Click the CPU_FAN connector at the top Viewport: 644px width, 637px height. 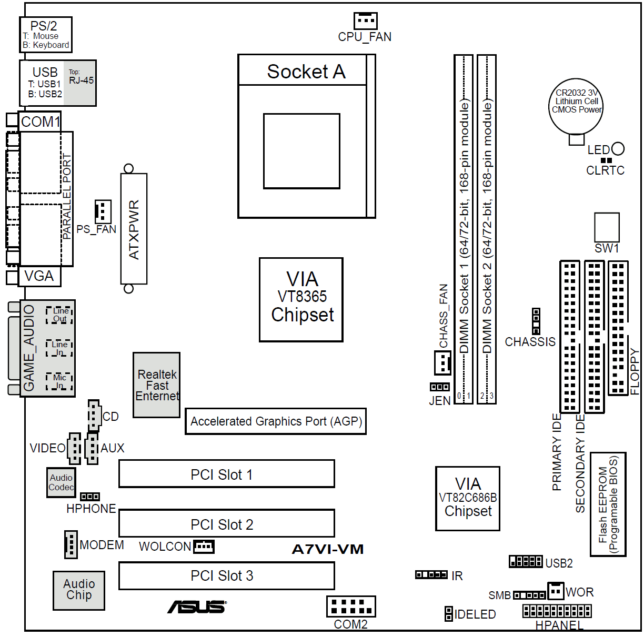[365, 21]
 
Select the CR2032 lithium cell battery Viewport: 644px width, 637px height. [576, 106]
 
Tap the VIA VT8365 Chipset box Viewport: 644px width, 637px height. [301, 299]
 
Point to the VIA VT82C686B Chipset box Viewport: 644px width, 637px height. [467, 498]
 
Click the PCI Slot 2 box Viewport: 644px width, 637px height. [226, 523]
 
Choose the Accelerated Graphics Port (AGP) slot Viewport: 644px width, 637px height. [275, 421]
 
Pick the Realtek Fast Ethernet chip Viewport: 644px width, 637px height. [156, 385]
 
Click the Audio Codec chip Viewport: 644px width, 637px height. [61, 482]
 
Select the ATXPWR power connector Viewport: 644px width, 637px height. [134, 229]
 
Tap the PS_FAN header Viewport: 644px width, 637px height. [103, 211]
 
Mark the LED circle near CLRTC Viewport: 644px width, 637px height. [618, 149]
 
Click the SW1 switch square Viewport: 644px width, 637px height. [607, 227]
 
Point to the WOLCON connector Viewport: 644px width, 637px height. [204, 547]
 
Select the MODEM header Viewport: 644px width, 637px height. [71, 544]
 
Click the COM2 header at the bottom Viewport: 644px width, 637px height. [350, 606]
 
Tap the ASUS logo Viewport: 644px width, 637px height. [197, 607]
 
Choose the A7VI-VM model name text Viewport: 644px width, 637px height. [327, 549]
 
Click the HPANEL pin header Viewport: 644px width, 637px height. [557, 611]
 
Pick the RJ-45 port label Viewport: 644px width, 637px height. [81, 80]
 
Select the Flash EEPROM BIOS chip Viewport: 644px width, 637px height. [608, 504]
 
